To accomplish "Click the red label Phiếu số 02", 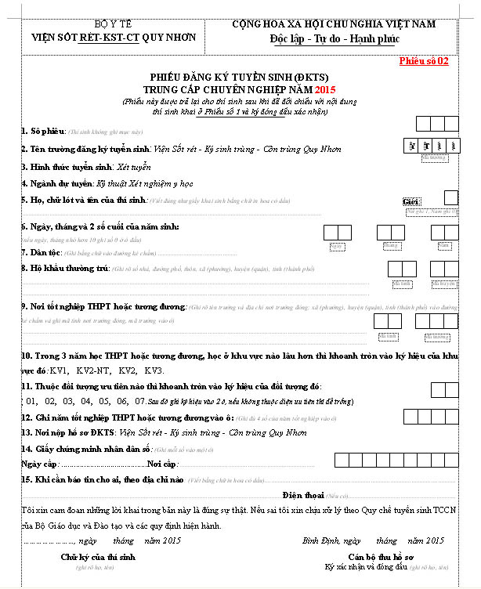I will (x=424, y=61).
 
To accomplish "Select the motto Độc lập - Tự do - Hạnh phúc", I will (x=334, y=38).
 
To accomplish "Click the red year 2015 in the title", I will (x=324, y=89).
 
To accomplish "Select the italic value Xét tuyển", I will (x=133, y=167).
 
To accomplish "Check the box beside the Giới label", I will (x=450, y=197).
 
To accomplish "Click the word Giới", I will (x=411, y=202).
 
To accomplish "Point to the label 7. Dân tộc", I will (x=38, y=252).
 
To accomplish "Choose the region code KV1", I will (x=59, y=370).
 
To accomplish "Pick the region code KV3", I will (x=154, y=370).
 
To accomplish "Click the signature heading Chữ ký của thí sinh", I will (x=98, y=556).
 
